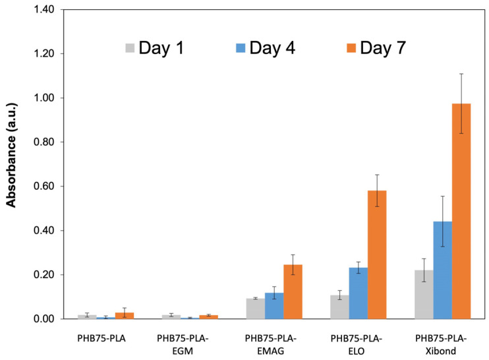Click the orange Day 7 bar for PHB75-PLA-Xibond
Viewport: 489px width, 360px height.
click(461, 211)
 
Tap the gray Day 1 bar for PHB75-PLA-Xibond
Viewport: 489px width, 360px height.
click(424, 295)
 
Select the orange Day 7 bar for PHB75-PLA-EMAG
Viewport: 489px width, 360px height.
click(293, 291)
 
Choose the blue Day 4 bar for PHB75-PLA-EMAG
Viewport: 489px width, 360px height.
click(274, 306)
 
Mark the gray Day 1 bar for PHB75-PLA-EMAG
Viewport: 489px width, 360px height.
click(255, 309)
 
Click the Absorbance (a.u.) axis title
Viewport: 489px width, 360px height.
click(12, 164)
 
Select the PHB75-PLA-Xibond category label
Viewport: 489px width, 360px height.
click(443, 344)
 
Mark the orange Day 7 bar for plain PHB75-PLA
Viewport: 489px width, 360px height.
click(124, 316)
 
